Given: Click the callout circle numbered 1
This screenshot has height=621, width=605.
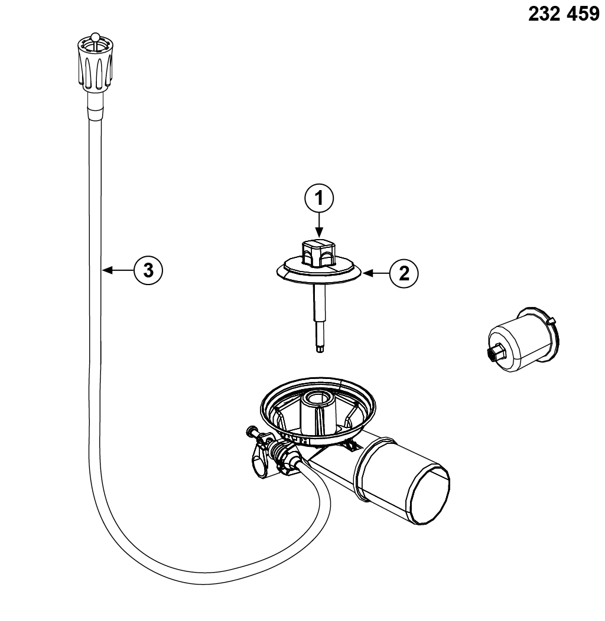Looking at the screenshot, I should (x=319, y=200).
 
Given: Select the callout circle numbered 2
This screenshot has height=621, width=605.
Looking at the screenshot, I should (x=404, y=273).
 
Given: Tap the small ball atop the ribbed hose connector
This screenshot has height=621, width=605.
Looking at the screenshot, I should (x=94, y=40).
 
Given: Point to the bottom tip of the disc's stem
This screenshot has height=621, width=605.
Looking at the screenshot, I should (x=320, y=351).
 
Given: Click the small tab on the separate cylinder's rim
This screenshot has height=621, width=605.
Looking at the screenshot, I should (x=551, y=321).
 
